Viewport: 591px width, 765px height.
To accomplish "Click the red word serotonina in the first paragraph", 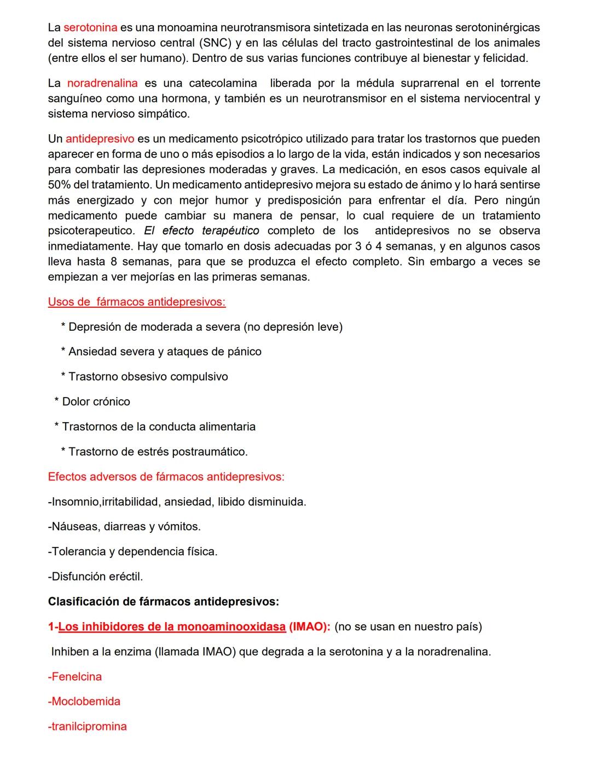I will [x=90, y=27].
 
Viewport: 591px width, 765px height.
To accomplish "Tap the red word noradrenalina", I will [x=102, y=83].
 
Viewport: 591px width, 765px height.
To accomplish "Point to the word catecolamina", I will [x=223, y=83].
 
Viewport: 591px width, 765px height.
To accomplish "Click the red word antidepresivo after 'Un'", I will [x=100, y=139].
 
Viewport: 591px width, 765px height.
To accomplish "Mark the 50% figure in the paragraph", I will [x=59, y=185].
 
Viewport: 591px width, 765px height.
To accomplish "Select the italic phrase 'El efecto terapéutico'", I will [x=201, y=231].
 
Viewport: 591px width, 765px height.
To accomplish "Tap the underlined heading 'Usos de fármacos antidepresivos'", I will [x=137, y=302].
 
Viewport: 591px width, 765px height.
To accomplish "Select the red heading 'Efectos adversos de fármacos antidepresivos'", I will [x=166, y=477].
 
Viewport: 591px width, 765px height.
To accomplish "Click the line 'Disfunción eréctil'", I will [x=96, y=577].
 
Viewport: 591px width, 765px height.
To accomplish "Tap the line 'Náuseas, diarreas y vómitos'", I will [x=125, y=527].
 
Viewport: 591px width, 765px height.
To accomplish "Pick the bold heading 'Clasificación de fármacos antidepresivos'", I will [x=163, y=602].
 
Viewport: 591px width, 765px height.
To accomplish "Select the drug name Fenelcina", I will [x=75, y=677].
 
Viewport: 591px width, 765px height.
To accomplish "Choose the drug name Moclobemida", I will [x=84, y=701].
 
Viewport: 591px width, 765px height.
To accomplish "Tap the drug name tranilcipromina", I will [x=88, y=727].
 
